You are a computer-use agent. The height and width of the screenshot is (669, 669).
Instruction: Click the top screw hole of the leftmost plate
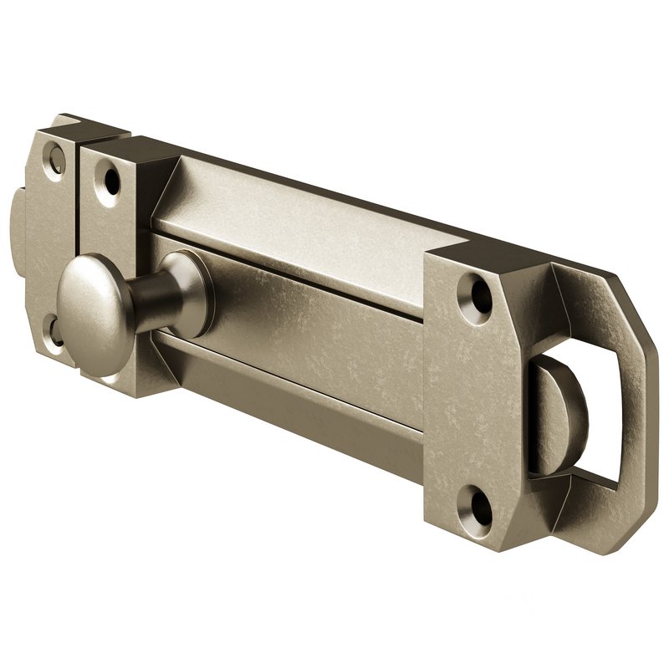point(55,158)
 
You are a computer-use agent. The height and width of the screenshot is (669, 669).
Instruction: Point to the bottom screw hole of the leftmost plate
point(54,331)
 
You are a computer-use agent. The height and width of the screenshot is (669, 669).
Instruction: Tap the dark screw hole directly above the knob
point(109,177)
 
